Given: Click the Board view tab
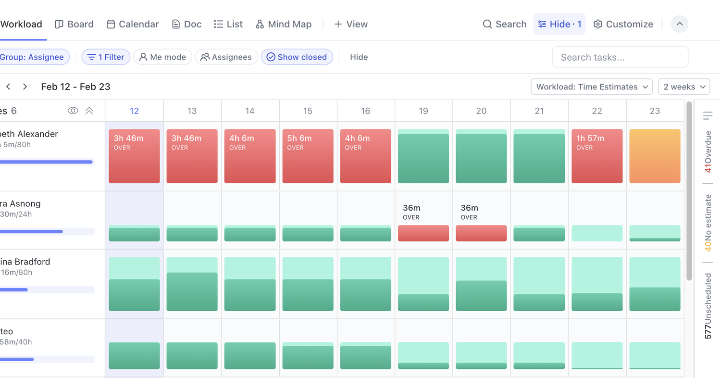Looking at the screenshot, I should [x=74, y=24].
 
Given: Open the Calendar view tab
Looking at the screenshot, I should [x=133, y=24].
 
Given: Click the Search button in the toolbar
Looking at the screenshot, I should [x=505, y=24].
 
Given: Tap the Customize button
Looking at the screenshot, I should [x=623, y=24].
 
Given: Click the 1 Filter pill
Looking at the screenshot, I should [x=106, y=57].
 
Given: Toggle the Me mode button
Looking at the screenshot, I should [x=162, y=57].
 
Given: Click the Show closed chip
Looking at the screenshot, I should [x=297, y=57].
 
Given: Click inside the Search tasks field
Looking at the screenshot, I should [x=620, y=57].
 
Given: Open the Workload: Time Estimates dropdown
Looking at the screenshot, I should [x=591, y=87].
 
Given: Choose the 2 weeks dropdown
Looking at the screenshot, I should [x=684, y=87].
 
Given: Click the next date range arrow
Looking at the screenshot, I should [x=25, y=87].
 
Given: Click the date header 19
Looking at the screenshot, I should [x=423, y=111].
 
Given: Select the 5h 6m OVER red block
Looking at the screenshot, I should [x=308, y=156].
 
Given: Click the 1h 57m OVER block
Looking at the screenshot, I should [x=597, y=156].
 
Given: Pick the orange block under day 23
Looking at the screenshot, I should [x=655, y=156].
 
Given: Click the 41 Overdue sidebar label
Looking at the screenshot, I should [x=708, y=151].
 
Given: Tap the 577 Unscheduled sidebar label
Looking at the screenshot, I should [x=708, y=306].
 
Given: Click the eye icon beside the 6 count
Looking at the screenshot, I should [x=73, y=111].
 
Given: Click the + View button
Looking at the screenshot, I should [x=351, y=24].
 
